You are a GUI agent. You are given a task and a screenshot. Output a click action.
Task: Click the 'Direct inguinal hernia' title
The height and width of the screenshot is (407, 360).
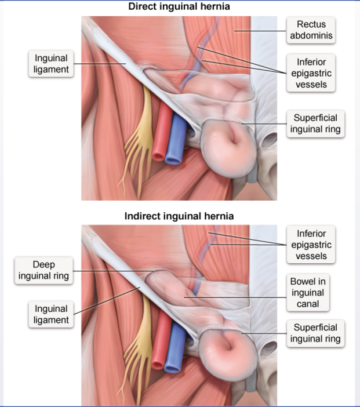coord(180,7)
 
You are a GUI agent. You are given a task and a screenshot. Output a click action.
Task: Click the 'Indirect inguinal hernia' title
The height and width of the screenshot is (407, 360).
coord(180,216)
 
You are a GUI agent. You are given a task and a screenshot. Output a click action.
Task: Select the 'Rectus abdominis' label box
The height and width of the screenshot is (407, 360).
coord(311,30)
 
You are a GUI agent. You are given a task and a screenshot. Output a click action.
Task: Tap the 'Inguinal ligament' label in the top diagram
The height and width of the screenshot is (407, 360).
coord(51,64)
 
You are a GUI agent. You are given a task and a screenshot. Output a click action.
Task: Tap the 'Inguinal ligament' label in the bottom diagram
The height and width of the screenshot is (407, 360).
coord(51,314)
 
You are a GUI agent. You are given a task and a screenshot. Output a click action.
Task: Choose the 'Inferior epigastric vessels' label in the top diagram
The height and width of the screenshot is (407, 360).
coord(311,72)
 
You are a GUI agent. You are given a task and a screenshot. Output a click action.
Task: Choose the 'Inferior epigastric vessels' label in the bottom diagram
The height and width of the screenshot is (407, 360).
coord(311,245)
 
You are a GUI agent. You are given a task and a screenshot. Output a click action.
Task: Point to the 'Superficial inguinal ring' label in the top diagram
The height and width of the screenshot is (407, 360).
coord(315,123)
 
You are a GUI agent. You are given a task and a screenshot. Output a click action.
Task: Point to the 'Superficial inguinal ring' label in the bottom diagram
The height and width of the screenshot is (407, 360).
coord(315,333)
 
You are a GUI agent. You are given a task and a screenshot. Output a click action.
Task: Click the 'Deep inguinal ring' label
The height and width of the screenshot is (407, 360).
coord(43,270)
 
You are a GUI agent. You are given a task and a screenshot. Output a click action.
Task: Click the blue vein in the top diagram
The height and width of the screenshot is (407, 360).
coord(174,142)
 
